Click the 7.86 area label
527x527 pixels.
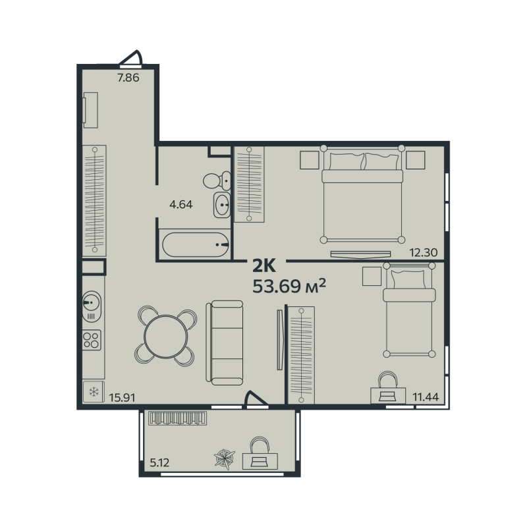coord(129,78)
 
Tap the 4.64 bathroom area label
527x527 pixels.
coord(180,204)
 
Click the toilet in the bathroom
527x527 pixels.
coord(215,180)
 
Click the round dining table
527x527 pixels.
coord(165,335)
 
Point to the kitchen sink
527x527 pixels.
coord(91,304)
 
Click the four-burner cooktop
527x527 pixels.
coord(92,340)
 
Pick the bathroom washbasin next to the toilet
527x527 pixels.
coord(223,206)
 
